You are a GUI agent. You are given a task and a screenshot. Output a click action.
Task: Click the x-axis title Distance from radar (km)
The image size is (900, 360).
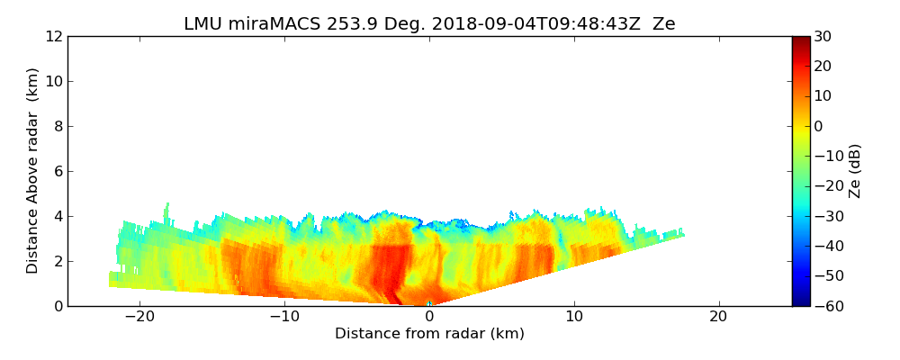(x=429, y=334)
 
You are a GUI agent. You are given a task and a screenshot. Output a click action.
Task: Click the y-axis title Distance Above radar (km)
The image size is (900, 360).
(x=33, y=171)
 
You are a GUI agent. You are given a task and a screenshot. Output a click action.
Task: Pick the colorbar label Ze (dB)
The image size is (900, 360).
(x=855, y=171)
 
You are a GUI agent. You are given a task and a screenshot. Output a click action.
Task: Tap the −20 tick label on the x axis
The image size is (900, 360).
(x=139, y=317)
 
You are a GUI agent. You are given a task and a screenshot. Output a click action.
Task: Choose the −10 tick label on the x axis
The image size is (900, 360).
(x=284, y=317)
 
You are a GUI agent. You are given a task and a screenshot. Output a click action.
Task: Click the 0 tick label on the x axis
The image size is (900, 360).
(x=429, y=317)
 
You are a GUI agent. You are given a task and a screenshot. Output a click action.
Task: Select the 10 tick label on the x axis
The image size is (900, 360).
(x=574, y=317)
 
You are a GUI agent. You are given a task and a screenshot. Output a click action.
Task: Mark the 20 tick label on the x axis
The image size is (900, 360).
(x=718, y=317)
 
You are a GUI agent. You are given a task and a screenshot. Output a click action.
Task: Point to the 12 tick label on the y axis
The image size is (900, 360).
(x=53, y=36)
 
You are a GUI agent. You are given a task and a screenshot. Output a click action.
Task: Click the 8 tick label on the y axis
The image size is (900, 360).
(x=58, y=126)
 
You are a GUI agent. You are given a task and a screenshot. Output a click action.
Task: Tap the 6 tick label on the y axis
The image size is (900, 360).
(x=58, y=171)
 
